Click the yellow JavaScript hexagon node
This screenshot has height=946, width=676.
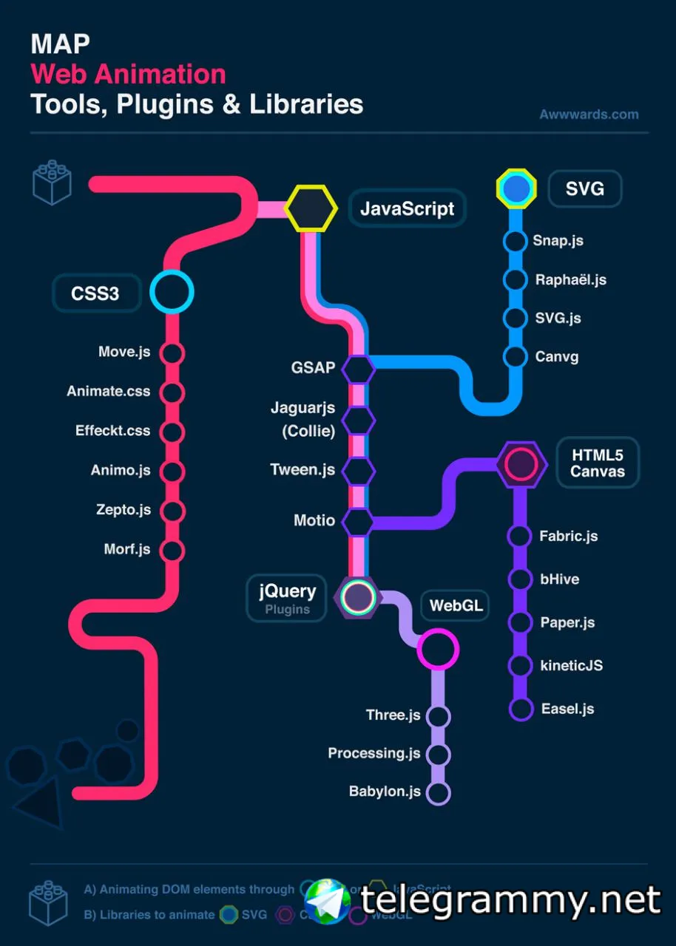click(311, 208)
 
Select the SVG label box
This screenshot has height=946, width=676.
click(584, 189)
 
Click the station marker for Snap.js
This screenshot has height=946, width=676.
click(515, 241)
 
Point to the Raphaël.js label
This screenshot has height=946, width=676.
click(570, 280)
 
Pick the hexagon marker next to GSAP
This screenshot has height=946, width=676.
click(359, 369)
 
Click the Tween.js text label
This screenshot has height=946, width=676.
click(302, 470)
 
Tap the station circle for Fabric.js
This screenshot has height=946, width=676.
click(520, 537)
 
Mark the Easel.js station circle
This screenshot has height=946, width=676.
click(521, 709)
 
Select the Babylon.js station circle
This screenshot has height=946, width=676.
click(439, 793)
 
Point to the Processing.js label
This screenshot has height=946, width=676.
click(374, 753)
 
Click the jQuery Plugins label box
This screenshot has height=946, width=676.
click(287, 598)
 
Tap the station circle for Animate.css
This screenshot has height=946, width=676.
click(172, 392)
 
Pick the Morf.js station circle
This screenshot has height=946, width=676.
click(172, 550)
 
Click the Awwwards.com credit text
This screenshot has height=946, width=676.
click(589, 115)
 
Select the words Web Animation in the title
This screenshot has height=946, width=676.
click(128, 74)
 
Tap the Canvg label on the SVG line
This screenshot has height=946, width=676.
click(556, 357)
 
